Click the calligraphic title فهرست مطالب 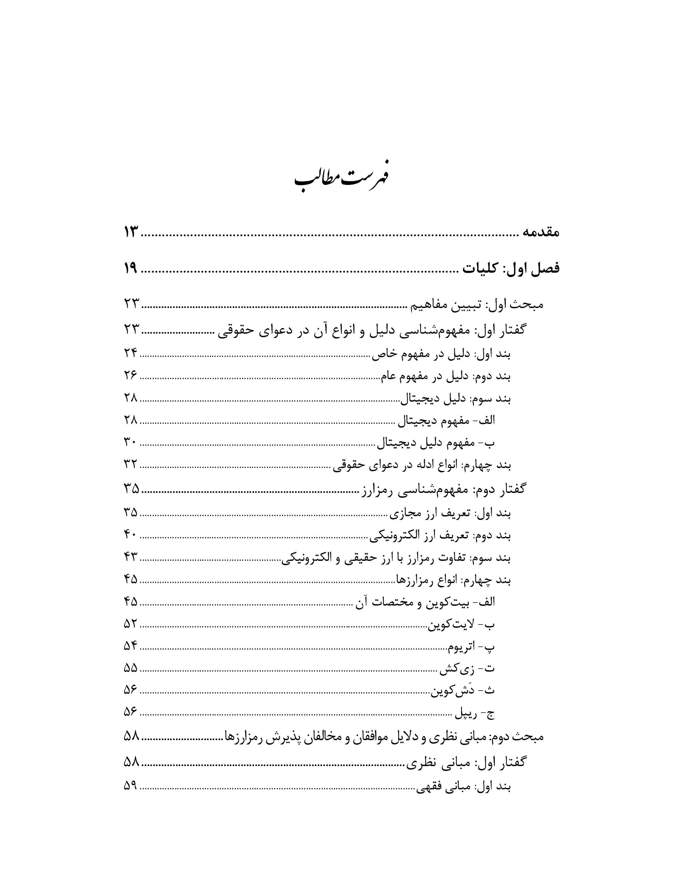pyautogui.click(x=341, y=178)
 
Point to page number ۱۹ pyautogui.click(x=131, y=268)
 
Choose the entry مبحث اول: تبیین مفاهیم pyautogui.click(x=478, y=305)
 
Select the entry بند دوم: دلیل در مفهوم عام pyautogui.click(x=445, y=376)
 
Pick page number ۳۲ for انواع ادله pyautogui.click(x=131, y=465)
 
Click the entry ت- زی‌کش pyautogui.click(x=467, y=669)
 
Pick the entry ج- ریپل pyautogui.click(x=475, y=714)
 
